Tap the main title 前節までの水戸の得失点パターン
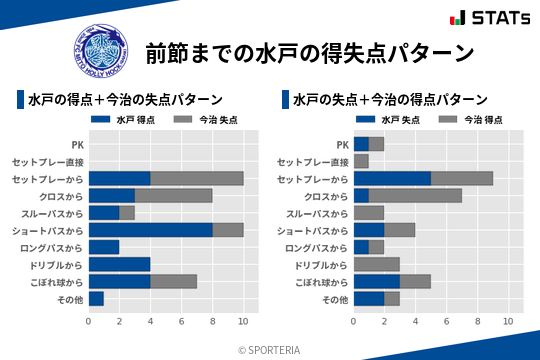pos(309,52)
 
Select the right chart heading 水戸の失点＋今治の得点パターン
pos(391,100)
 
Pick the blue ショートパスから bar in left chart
pos(150,230)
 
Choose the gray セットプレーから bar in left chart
pos(196,178)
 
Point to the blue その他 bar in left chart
pos(96,298)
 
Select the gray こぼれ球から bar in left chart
pos(173,281)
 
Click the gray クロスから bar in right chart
pos(415,195)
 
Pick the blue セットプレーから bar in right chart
pos(392,178)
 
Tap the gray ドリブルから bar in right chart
pos(376,264)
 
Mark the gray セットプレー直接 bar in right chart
pos(361,161)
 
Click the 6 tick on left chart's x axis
pos(181,321)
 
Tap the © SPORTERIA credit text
pos(269,349)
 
